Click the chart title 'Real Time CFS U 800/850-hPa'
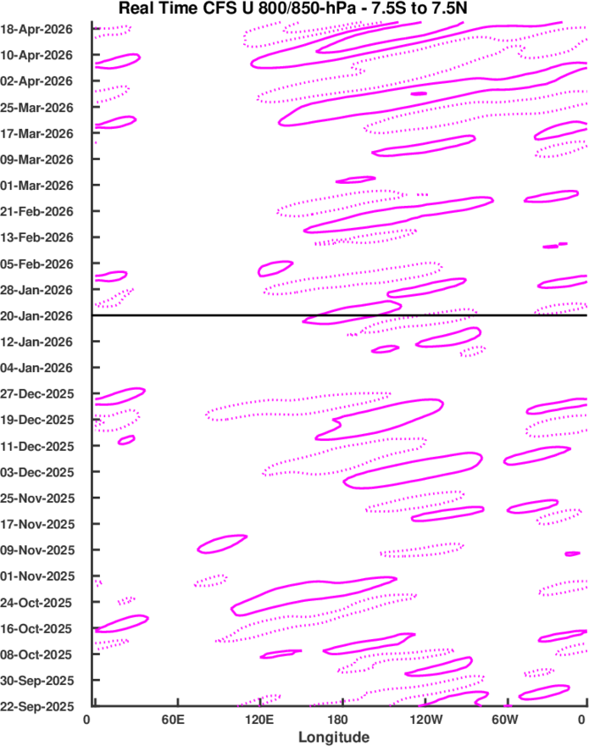(x=295, y=9)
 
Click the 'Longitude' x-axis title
(x=333, y=737)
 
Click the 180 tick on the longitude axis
(x=342, y=720)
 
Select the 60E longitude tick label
(x=176, y=720)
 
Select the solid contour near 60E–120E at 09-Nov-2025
(x=221, y=543)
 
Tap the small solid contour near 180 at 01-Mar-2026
(x=356, y=180)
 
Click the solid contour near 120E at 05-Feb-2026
(x=275, y=269)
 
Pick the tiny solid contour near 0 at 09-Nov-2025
(x=573, y=554)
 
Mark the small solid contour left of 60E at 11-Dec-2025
(x=126, y=440)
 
